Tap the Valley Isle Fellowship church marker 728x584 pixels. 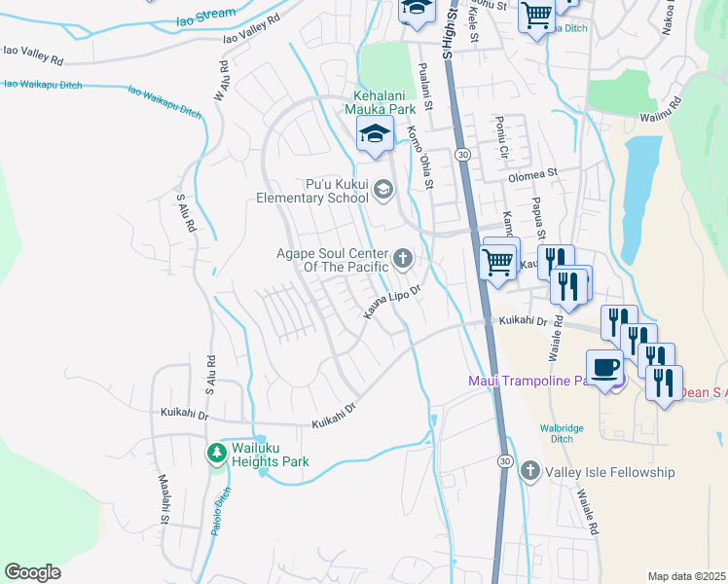pos(530,472)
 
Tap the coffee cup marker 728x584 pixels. pos(604,368)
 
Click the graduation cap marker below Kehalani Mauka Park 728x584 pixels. pos(375,135)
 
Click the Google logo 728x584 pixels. pos(32,571)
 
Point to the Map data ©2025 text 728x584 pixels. pos(685,576)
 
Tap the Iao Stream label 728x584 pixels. pos(205,16)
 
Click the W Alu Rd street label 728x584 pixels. pos(223,84)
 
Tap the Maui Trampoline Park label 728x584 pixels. pos(531,381)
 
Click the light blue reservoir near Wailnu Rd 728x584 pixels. pos(642,180)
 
